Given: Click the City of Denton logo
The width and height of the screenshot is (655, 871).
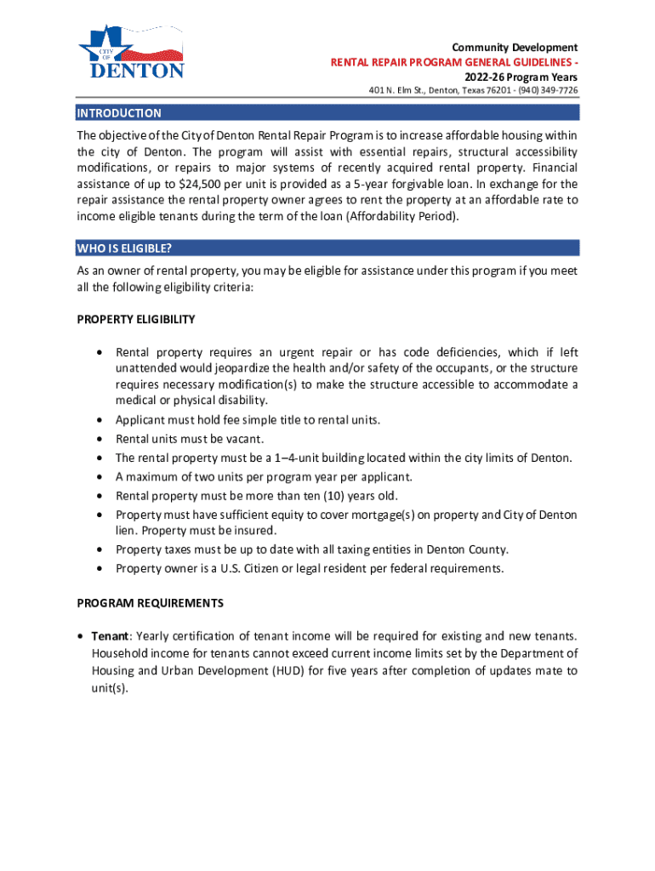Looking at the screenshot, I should tap(131, 53).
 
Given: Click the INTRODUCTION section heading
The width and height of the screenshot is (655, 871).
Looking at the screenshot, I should tap(119, 113).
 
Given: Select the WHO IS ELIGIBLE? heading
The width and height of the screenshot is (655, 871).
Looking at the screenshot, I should tap(124, 248).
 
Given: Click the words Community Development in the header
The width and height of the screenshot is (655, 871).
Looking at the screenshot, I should tap(515, 48).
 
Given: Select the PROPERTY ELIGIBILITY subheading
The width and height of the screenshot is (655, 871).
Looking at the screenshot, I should tap(136, 320).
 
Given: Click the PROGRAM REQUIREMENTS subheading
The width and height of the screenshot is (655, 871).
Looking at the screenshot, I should tap(151, 603).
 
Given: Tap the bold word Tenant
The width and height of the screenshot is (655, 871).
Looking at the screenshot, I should tap(110, 636).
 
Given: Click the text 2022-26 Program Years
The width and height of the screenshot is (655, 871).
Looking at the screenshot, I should tap(521, 77).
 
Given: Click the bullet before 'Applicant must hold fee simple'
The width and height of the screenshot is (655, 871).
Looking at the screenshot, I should tap(100, 420).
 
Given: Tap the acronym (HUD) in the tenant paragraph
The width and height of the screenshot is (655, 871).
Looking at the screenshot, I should tap(287, 670).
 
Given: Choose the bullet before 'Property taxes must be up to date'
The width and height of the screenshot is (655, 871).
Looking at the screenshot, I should tap(100, 549).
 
